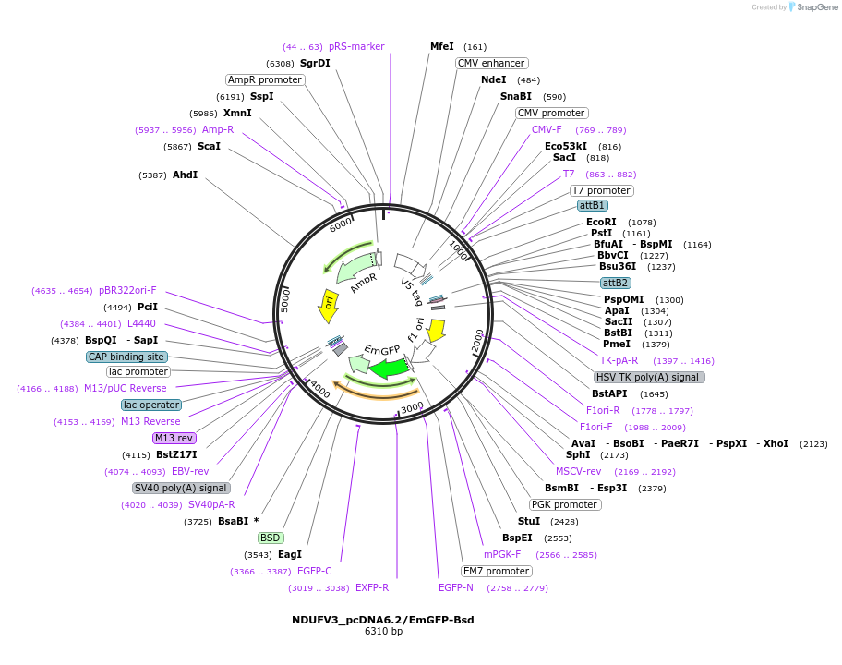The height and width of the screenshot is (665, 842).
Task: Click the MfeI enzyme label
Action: [x=442, y=46]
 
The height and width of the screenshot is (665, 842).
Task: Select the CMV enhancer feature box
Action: [x=491, y=63]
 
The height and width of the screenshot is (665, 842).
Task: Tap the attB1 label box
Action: [x=592, y=205]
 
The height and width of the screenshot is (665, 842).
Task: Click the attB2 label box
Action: [x=615, y=283]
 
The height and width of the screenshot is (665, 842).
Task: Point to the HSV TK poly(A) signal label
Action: [x=649, y=377]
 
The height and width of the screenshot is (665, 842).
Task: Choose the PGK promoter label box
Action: [x=564, y=504]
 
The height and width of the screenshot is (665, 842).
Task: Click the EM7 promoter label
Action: [x=497, y=571]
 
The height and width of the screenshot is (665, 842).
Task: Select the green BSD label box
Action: [x=271, y=538]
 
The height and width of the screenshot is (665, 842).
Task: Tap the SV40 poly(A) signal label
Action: [x=181, y=488]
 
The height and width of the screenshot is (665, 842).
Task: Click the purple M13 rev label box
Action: [x=174, y=438]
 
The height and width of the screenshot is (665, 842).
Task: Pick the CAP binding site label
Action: [x=127, y=357]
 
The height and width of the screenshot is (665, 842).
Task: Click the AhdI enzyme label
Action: [x=185, y=175]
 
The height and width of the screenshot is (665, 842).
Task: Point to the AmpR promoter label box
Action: [x=265, y=79]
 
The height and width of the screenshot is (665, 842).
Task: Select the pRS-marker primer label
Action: [x=356, y=46]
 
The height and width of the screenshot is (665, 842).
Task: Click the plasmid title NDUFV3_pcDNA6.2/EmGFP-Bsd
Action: [x=383, y=620]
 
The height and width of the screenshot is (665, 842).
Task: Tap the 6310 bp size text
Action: [x=383, y=632]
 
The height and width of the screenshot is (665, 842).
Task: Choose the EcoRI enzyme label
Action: [x=601, y=222]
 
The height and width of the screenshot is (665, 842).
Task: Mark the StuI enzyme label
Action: [x=529, y=521]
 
